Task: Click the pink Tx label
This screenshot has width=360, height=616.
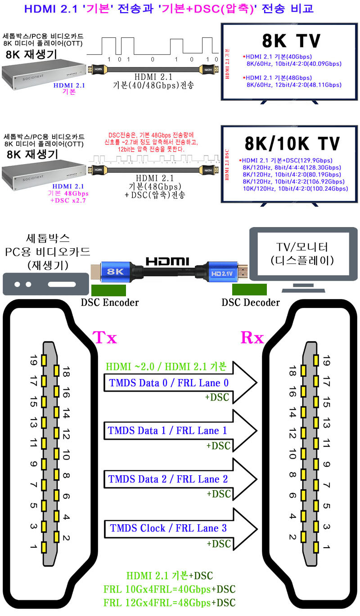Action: (104, 337)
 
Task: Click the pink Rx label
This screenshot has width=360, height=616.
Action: (252, 337)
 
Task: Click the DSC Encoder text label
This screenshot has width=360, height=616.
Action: (110, 303)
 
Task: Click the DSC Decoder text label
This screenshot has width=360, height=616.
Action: (251, 303)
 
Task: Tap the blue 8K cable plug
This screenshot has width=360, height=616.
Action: (114, 272)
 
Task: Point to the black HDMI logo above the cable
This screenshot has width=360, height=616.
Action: (167, 261)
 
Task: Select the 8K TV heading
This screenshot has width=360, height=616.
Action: (291, 40)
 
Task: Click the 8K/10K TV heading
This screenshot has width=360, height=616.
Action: (291, 143)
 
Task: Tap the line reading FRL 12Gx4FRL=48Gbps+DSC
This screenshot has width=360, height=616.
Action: (170, 603)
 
